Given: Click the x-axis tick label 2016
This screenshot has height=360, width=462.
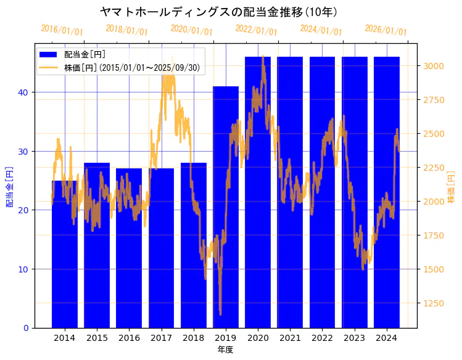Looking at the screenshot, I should point(129,338).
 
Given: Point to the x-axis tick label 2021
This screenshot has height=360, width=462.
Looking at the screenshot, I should point(290,338).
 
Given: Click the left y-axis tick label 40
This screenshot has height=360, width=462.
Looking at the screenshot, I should point(23,92).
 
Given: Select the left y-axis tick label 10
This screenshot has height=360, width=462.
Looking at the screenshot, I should point(23,269).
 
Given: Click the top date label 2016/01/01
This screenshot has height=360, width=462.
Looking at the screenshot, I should point(62,30).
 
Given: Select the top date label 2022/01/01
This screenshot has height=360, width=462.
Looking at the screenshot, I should point(256,30).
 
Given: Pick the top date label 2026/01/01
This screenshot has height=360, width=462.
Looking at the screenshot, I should point(386,30).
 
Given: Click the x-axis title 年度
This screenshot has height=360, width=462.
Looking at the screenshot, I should point(225,350).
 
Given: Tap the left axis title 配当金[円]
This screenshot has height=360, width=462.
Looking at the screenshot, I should point(9,186).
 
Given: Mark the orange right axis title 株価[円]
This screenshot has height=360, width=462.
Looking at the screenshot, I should point(451,187).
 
